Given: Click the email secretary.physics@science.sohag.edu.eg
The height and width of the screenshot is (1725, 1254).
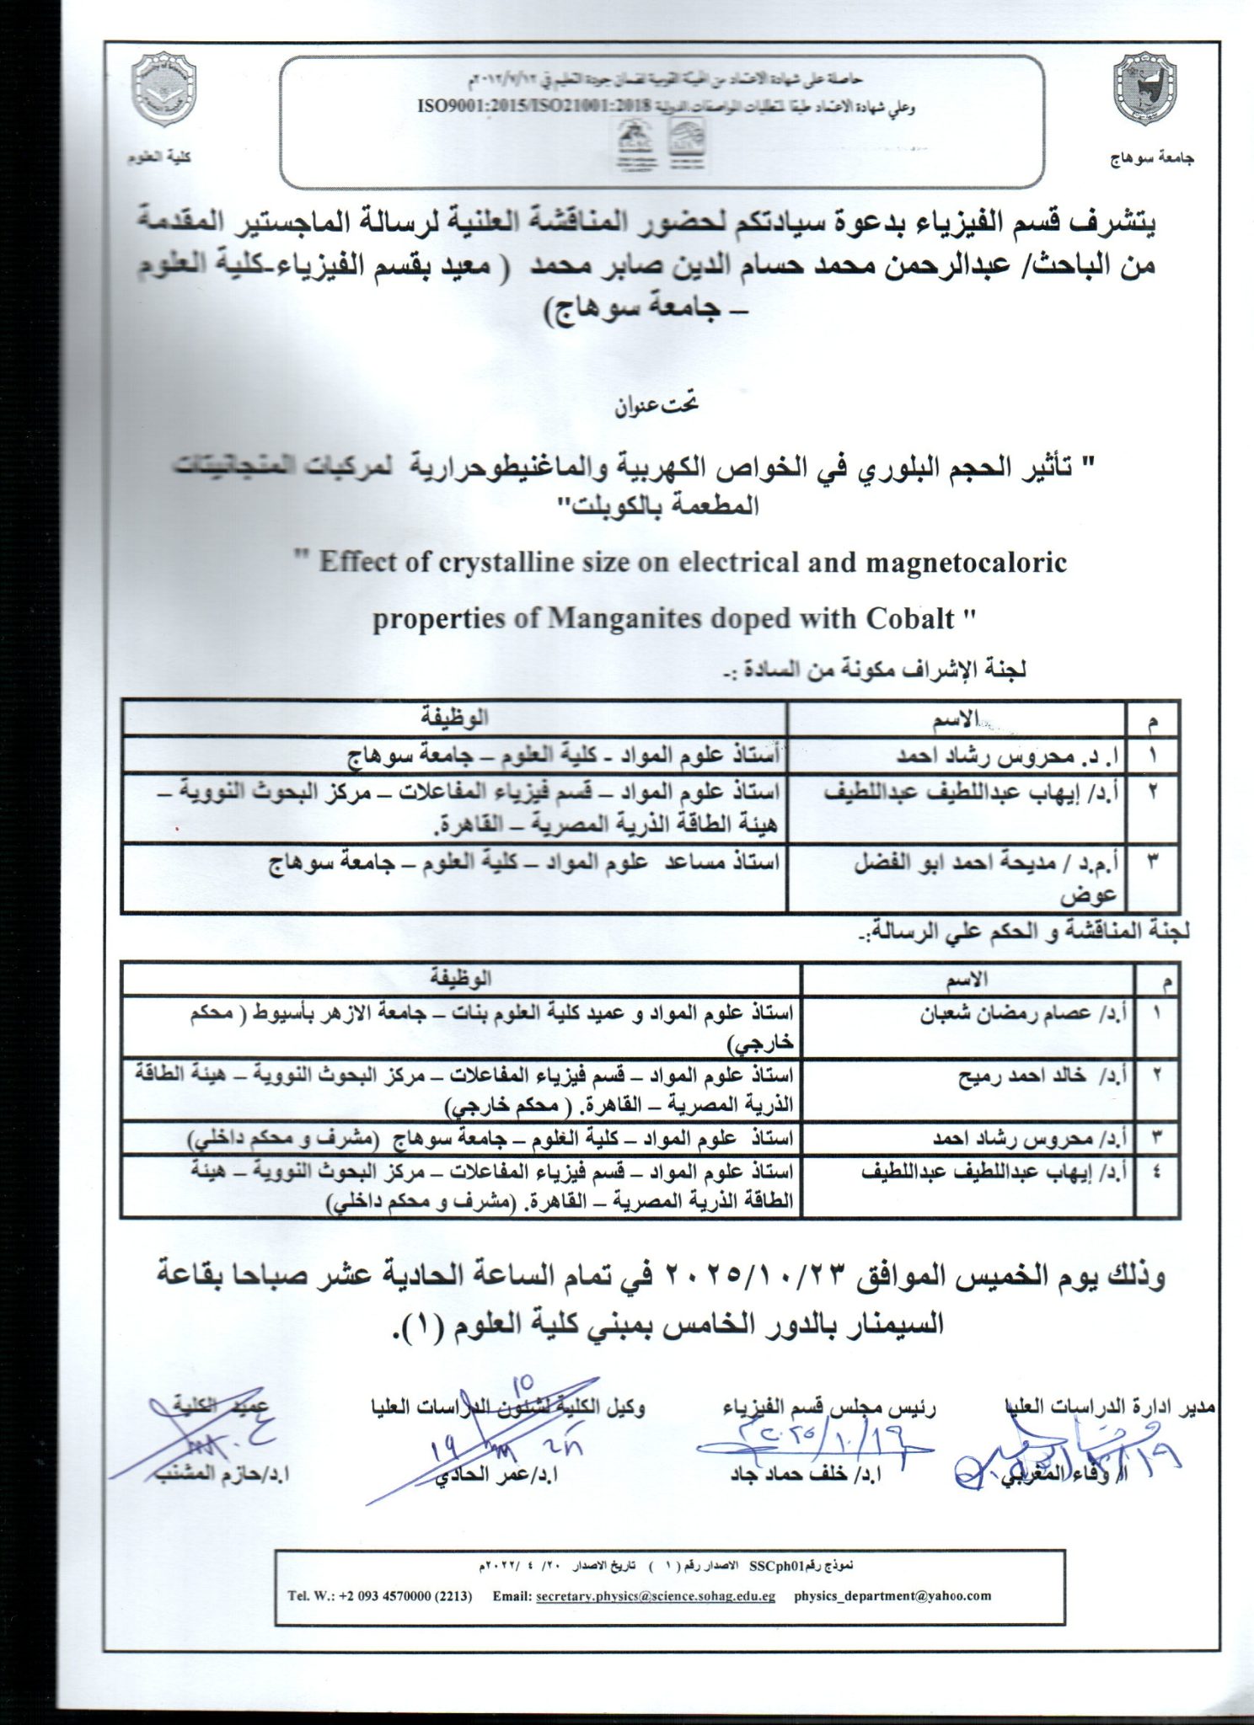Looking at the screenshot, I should (655, 1596).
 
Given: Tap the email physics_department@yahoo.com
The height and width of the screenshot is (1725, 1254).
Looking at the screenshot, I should (892, 1595).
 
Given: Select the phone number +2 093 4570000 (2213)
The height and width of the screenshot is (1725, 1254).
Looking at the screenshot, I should (380, 1596).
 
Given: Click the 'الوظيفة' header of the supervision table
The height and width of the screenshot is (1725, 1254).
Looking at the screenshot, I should (455, 718).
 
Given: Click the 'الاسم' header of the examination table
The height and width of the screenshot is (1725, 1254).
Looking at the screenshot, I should (967, 979).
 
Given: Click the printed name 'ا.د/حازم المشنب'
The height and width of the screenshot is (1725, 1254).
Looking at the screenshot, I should (222, 1474).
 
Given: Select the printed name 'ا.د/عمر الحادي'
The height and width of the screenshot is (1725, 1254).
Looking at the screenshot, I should (496, 1474).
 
